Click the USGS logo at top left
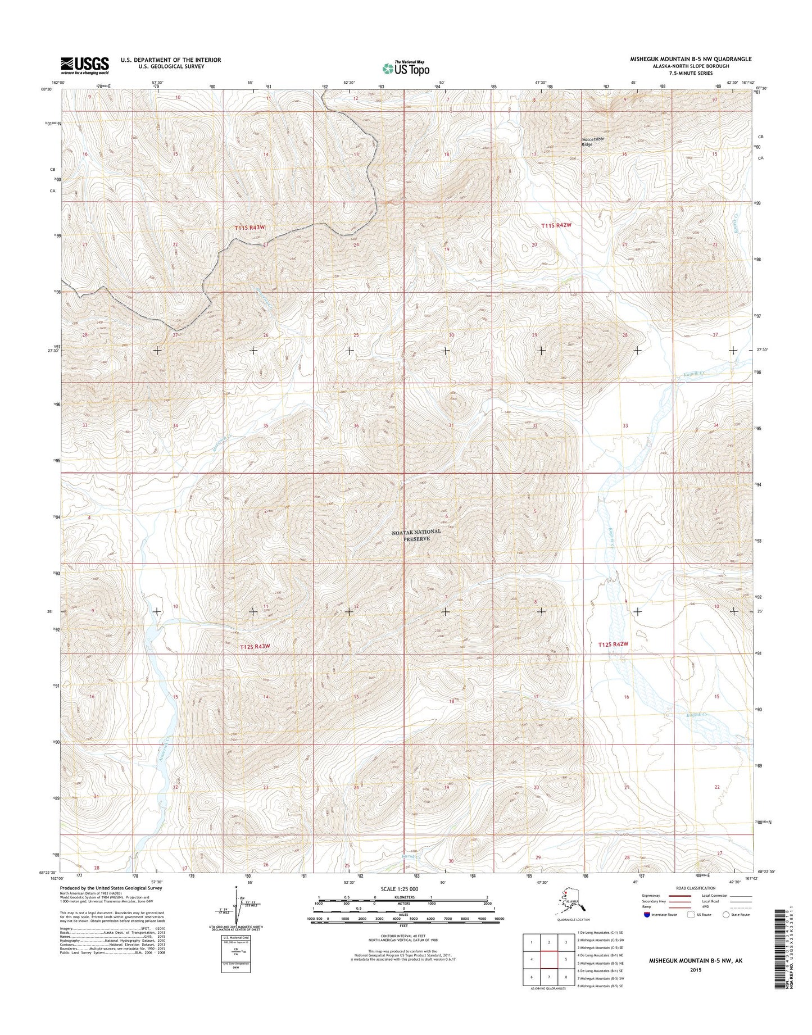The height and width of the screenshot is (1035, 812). pyautogui.click(x=85, y=65)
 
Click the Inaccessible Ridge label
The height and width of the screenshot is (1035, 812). pyautogui.click(x=595, y=141)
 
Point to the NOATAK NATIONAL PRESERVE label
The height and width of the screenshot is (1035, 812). pyautogui.click(x=416, y=534)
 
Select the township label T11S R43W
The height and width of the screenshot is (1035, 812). pyautogui.click(x=250, y=228)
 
